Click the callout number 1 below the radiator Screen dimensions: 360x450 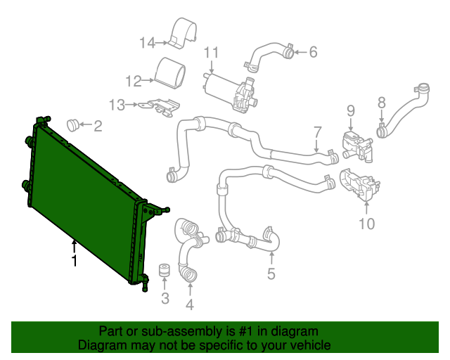coord(73,262)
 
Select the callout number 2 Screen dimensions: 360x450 coord(98,127)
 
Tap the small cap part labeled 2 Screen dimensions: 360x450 coord(72,125)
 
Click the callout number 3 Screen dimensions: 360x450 coord(165,300)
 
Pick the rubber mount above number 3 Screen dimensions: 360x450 coord(165,272)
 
